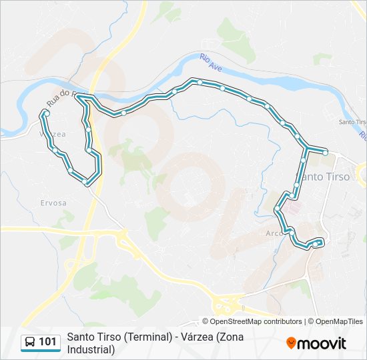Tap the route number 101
click(47, 342)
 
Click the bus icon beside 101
click(30, 343)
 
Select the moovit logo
click(316, 343)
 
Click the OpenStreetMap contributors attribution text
click(256, 321)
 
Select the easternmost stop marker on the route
click(325, 153)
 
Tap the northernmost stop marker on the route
click(200, 81)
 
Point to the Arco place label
click(274, 233)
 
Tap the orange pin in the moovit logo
click(291, 343)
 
